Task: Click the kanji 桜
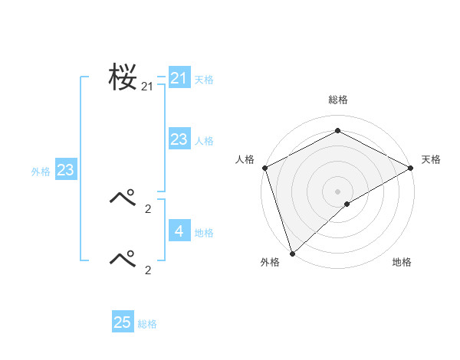(x=123, y=77)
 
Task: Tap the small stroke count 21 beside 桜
(x=147, y=87)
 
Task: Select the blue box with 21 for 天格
(x=179, y=78)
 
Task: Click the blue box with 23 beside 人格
(x=179, y=139)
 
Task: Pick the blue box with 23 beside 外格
(x=65, y=170)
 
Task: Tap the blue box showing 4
(x=179, y=231)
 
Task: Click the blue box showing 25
(x=123, y=322)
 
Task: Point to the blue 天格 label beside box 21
(x=204, y=79)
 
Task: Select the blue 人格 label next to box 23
(x=204, y=141)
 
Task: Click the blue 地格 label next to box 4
(x=204, y=233)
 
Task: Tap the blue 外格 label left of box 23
(x=41, y=172)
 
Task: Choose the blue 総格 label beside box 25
(x=147, y=325)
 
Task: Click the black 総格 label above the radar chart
(x=338, y=100)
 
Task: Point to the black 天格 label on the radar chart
(x=431, y=159)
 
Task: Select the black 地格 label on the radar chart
(x=402, y=263)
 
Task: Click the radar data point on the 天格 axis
(x=411, y=168)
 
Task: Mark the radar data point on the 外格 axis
(x=292, y=253)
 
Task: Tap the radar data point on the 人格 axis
(x=264, y=168)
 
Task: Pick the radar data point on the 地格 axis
(x=347, y=204)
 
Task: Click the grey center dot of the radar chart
(x=338, y=191)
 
